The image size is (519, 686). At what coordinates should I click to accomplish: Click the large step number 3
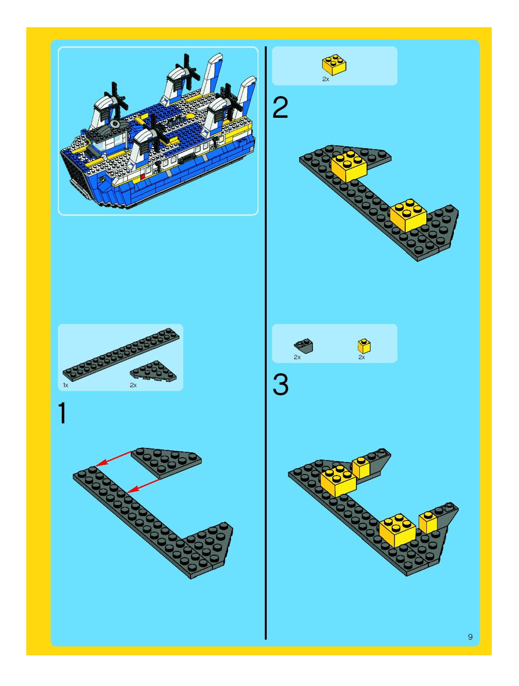tap(280, 385)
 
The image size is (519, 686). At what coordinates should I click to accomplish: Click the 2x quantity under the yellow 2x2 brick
tap(325, 79)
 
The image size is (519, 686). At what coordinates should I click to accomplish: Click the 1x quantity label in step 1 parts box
tap(65, 385)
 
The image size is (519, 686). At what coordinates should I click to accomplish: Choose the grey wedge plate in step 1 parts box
tap(153, 371)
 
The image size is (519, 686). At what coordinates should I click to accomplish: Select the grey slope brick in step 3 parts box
tap(303, 346)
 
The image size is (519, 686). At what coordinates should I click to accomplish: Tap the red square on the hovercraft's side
tap(143, 176)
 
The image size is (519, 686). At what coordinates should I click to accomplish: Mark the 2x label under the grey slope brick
tap(297, 357)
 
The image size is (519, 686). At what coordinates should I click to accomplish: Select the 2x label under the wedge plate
tap(133, 385)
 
